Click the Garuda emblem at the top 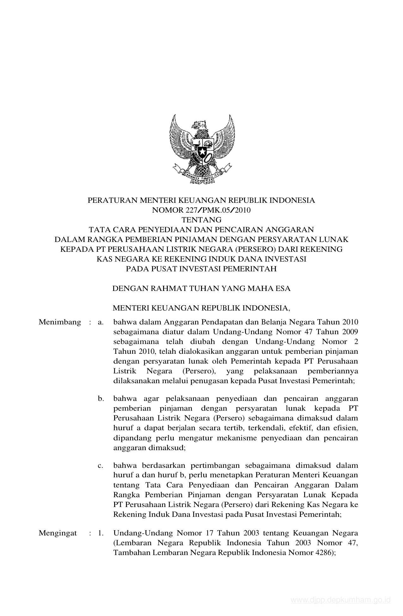201,149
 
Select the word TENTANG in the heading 201,220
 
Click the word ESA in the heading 283,288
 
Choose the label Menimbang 60,322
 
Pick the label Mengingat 58,533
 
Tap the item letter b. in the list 101,399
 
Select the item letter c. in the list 101,465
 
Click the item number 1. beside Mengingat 101,533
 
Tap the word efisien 346,428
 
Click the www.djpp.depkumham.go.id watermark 341,600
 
